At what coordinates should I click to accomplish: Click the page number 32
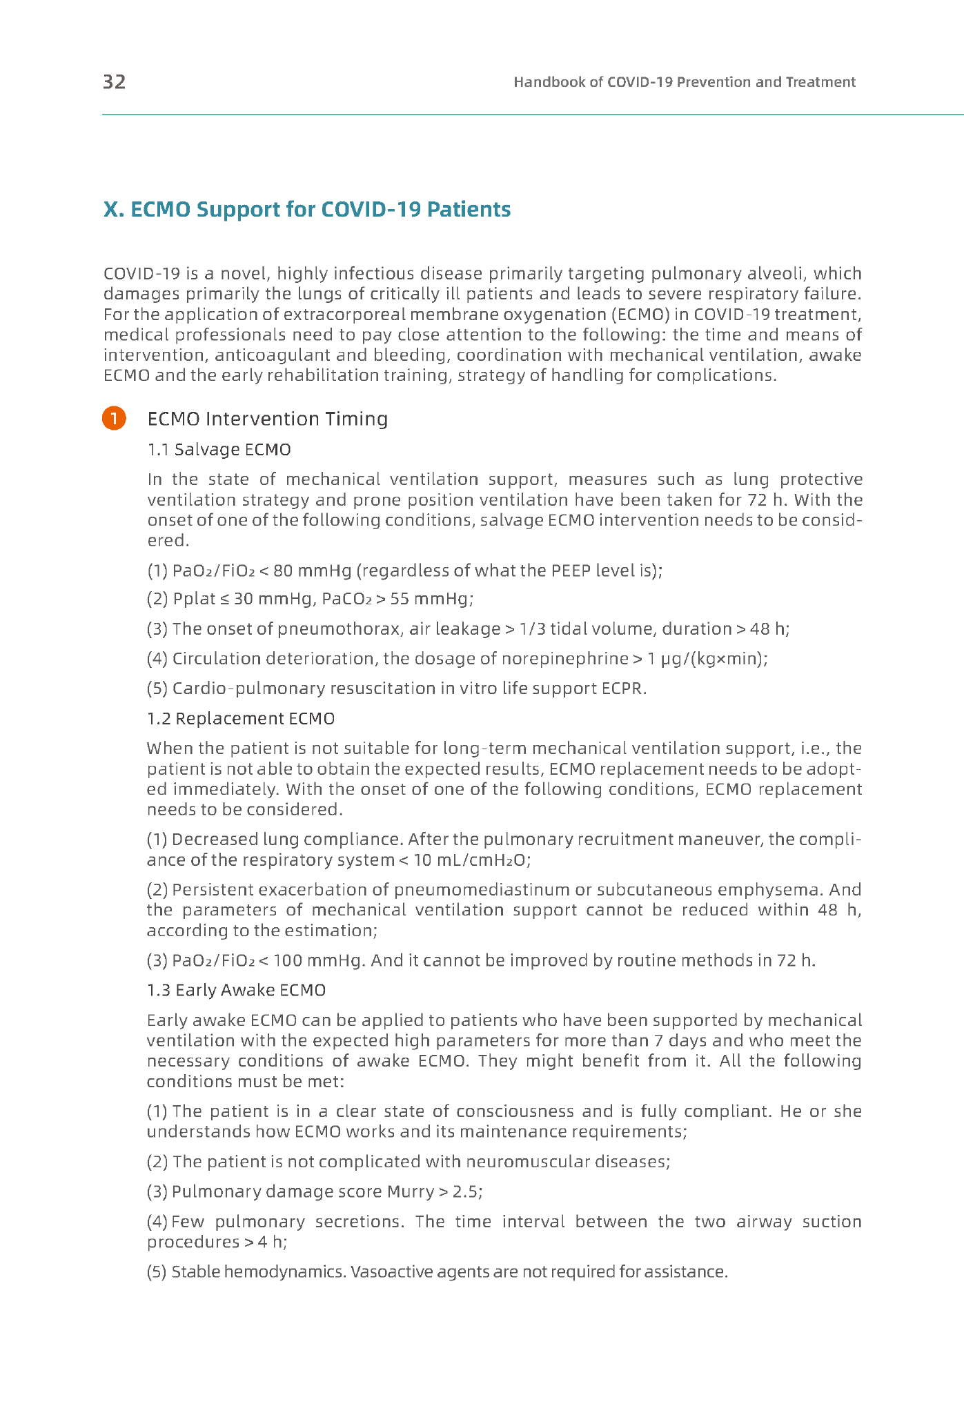tap(114, 82)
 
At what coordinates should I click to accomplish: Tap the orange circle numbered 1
tap(114, 419)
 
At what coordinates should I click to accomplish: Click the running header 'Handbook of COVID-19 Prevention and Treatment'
tap(684, 82)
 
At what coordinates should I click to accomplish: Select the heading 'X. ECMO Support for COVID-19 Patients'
tap(306, 209)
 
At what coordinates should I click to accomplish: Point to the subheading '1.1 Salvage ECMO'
tap(219, 450)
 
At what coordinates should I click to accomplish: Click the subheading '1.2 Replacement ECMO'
tap(241, 719)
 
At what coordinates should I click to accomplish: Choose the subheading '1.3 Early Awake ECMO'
tap(236, 991)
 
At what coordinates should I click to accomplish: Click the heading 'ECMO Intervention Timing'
tap(268, 419)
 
